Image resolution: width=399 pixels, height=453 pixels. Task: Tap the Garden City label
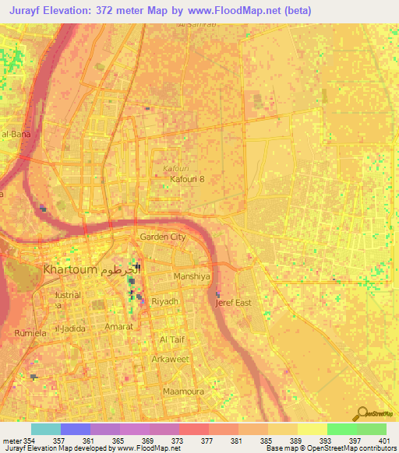pos(162,237)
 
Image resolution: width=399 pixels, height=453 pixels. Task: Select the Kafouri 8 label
pos(187,179)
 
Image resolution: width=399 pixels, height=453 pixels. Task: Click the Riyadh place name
pos(165,300)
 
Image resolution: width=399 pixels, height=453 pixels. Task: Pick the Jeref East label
pos(233,303)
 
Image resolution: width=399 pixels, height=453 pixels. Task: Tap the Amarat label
pos(117,327)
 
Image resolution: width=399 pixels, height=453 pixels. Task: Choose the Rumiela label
pos(30,332)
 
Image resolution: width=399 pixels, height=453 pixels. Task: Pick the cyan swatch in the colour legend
pos(45,428)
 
